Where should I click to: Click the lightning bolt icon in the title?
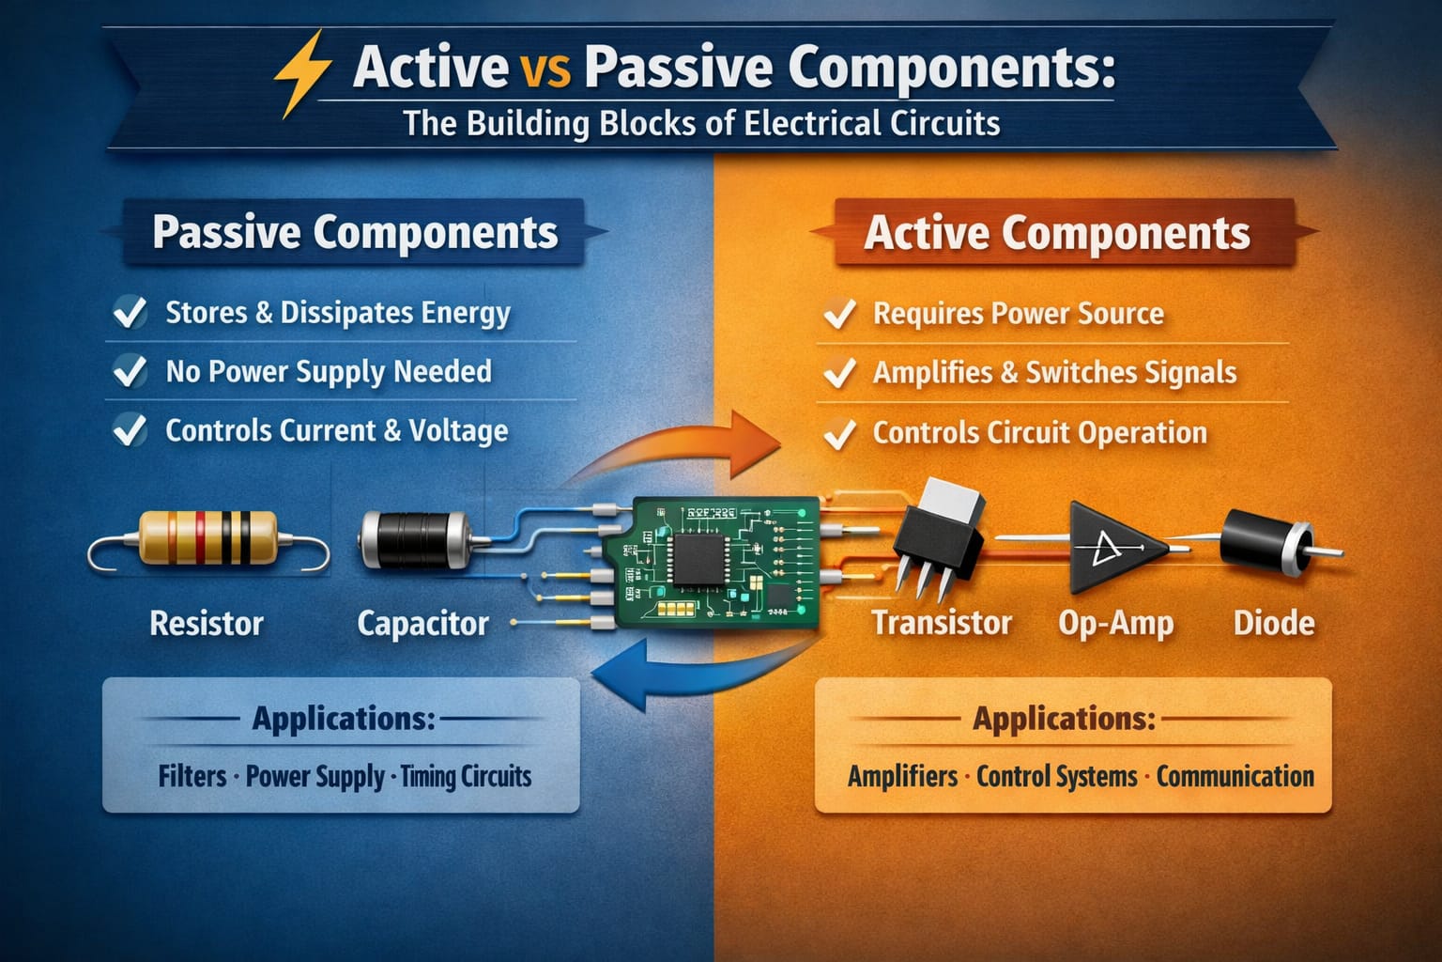coord(302,73)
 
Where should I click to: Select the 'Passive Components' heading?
coord(355,232)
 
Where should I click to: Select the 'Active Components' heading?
coord(1057,233)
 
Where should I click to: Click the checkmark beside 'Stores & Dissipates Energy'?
coord(130,312)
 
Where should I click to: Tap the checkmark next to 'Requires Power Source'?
coord(838,314)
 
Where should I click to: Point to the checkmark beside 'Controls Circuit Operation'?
coord(838,433)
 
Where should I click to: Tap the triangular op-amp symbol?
coord(1112,546)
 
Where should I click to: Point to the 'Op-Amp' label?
coord(1115,623)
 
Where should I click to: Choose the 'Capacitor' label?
coord(422,623)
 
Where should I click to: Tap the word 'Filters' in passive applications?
coord(192,776)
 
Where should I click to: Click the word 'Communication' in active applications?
coord(1235,776)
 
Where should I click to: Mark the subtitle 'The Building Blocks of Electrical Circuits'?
coord(701,124)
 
